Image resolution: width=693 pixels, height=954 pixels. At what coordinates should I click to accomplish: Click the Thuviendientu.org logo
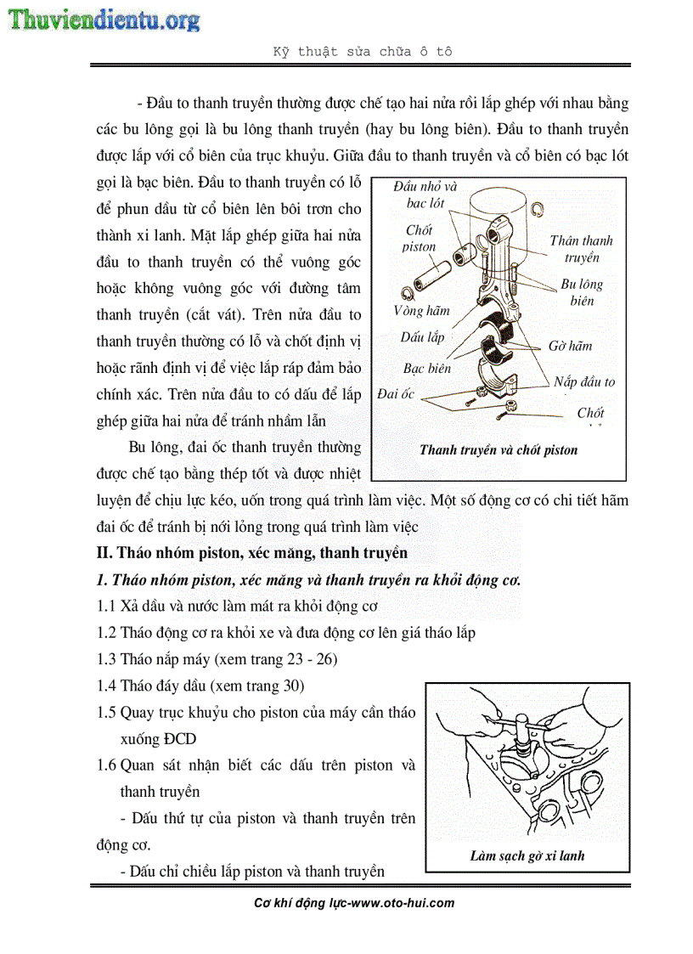[x=104, y=20]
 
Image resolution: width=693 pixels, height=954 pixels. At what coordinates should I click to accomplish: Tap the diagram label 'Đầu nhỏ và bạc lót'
[x=425, y=195]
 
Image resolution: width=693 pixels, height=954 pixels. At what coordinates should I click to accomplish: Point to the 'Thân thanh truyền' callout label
[x=581, y=249]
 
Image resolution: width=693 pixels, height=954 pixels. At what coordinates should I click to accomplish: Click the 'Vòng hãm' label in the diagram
[x=421, y=311]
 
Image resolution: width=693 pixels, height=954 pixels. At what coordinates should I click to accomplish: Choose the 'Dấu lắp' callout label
[x=422, y=337]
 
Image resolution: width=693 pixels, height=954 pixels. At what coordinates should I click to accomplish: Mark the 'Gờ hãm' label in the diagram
[x=570, y=346]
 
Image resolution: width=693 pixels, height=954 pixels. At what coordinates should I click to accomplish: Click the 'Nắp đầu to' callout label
[x=584, y=382]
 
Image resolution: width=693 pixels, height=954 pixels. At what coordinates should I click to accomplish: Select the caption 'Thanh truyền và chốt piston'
[x=499, y=450]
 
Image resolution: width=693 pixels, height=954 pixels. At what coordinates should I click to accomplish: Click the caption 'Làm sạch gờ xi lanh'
[x=527, y=855]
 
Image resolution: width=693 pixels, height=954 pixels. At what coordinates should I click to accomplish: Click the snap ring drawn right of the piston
[x=536, y=208]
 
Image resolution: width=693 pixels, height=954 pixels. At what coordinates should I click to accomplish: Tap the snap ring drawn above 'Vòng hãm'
[x=408, y=293]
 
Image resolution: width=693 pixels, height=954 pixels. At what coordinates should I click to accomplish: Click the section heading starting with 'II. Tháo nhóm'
[x=251, y=553]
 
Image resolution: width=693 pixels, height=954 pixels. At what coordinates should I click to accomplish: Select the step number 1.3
[x=106, y=659]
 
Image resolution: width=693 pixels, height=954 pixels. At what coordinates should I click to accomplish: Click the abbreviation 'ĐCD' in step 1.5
[x=159, y=739]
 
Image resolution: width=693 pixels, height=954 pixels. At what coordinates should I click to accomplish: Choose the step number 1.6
[x=106, y=765]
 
